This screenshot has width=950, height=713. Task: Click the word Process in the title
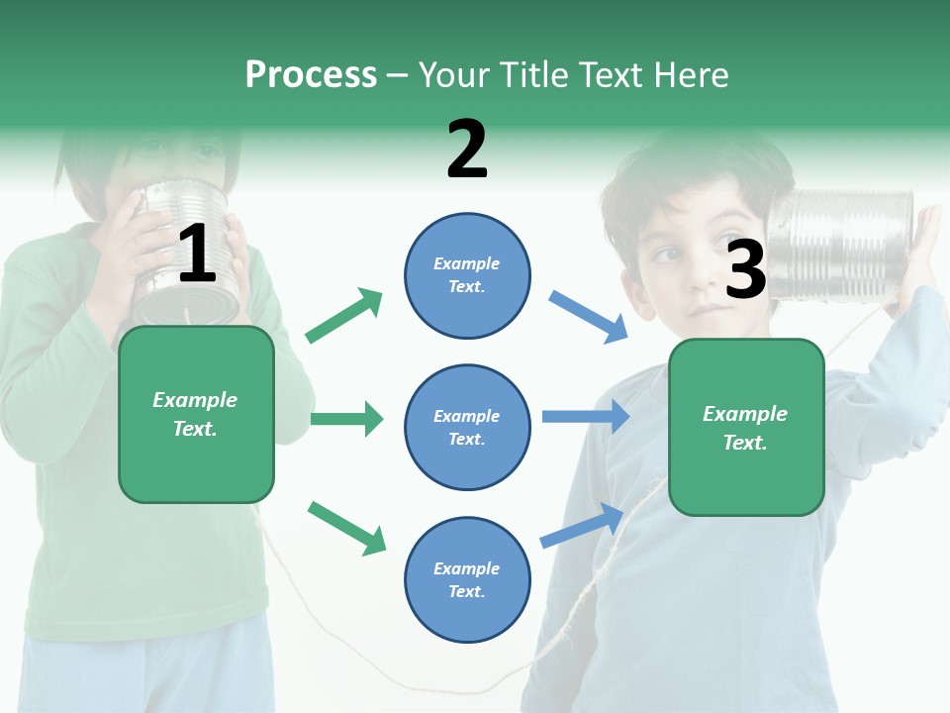pyautogui.click(x=311, y=74)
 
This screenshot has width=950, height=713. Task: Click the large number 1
pyautogui.click(x=197, y=254)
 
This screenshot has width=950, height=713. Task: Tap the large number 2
pyautogui.click(x=467, y=149)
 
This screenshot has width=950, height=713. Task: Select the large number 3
pyautogui.click(x=746, y=269)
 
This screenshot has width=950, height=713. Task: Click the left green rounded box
pyautogui.click(x=196, y=414)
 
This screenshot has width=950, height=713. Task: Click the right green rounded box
pyautogui.click(x=746, y=428)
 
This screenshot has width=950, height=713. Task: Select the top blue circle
pyautogui.click(x=467, y=275)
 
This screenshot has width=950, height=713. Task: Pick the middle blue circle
pyautogui.click(x=467, y=427)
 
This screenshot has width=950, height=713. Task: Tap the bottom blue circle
pyautogui.click(x=467, y=579)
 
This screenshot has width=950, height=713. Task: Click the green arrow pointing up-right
pyautogui.click(x=344, y=316)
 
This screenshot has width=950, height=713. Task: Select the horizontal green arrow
pyautogui.click(x=346, y=419)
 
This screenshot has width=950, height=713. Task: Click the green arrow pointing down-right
pyautogui.click(x=346, y=528)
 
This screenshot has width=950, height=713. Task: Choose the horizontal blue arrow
pyautogui.click(x=586, y=417)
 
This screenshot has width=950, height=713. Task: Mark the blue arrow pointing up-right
pyautogui.click(x=583, y=525)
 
